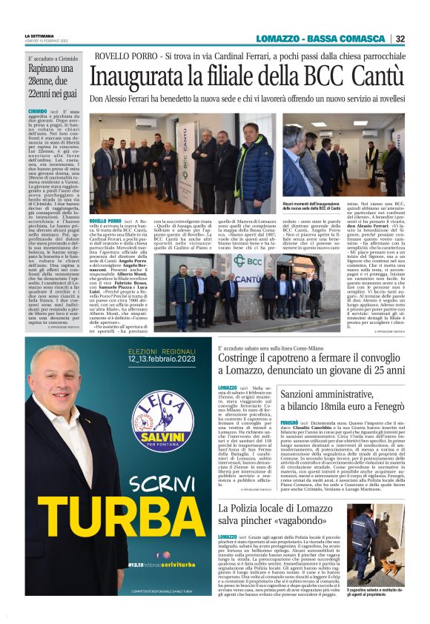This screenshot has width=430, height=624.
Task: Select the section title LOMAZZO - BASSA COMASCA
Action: point(321,39)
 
